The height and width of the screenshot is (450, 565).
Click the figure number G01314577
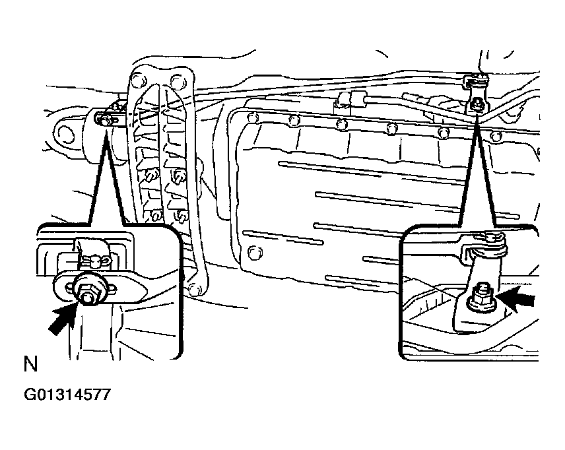(67, 395)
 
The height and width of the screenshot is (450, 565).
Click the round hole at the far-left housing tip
(65, 134)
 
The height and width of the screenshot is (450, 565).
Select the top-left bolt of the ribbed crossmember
(137, 80)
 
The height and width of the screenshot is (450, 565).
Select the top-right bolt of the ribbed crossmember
(177, 80)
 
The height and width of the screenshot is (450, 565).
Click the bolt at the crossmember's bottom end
(195, 288)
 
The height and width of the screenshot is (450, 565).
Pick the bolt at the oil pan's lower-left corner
(255, 251)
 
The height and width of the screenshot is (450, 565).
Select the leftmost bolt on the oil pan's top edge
(252, 116)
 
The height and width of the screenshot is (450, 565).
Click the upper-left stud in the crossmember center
(151, 176)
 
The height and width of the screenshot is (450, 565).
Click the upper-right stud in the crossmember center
(179, 176)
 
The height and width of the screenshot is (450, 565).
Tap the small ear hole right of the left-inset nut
(111, 288)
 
